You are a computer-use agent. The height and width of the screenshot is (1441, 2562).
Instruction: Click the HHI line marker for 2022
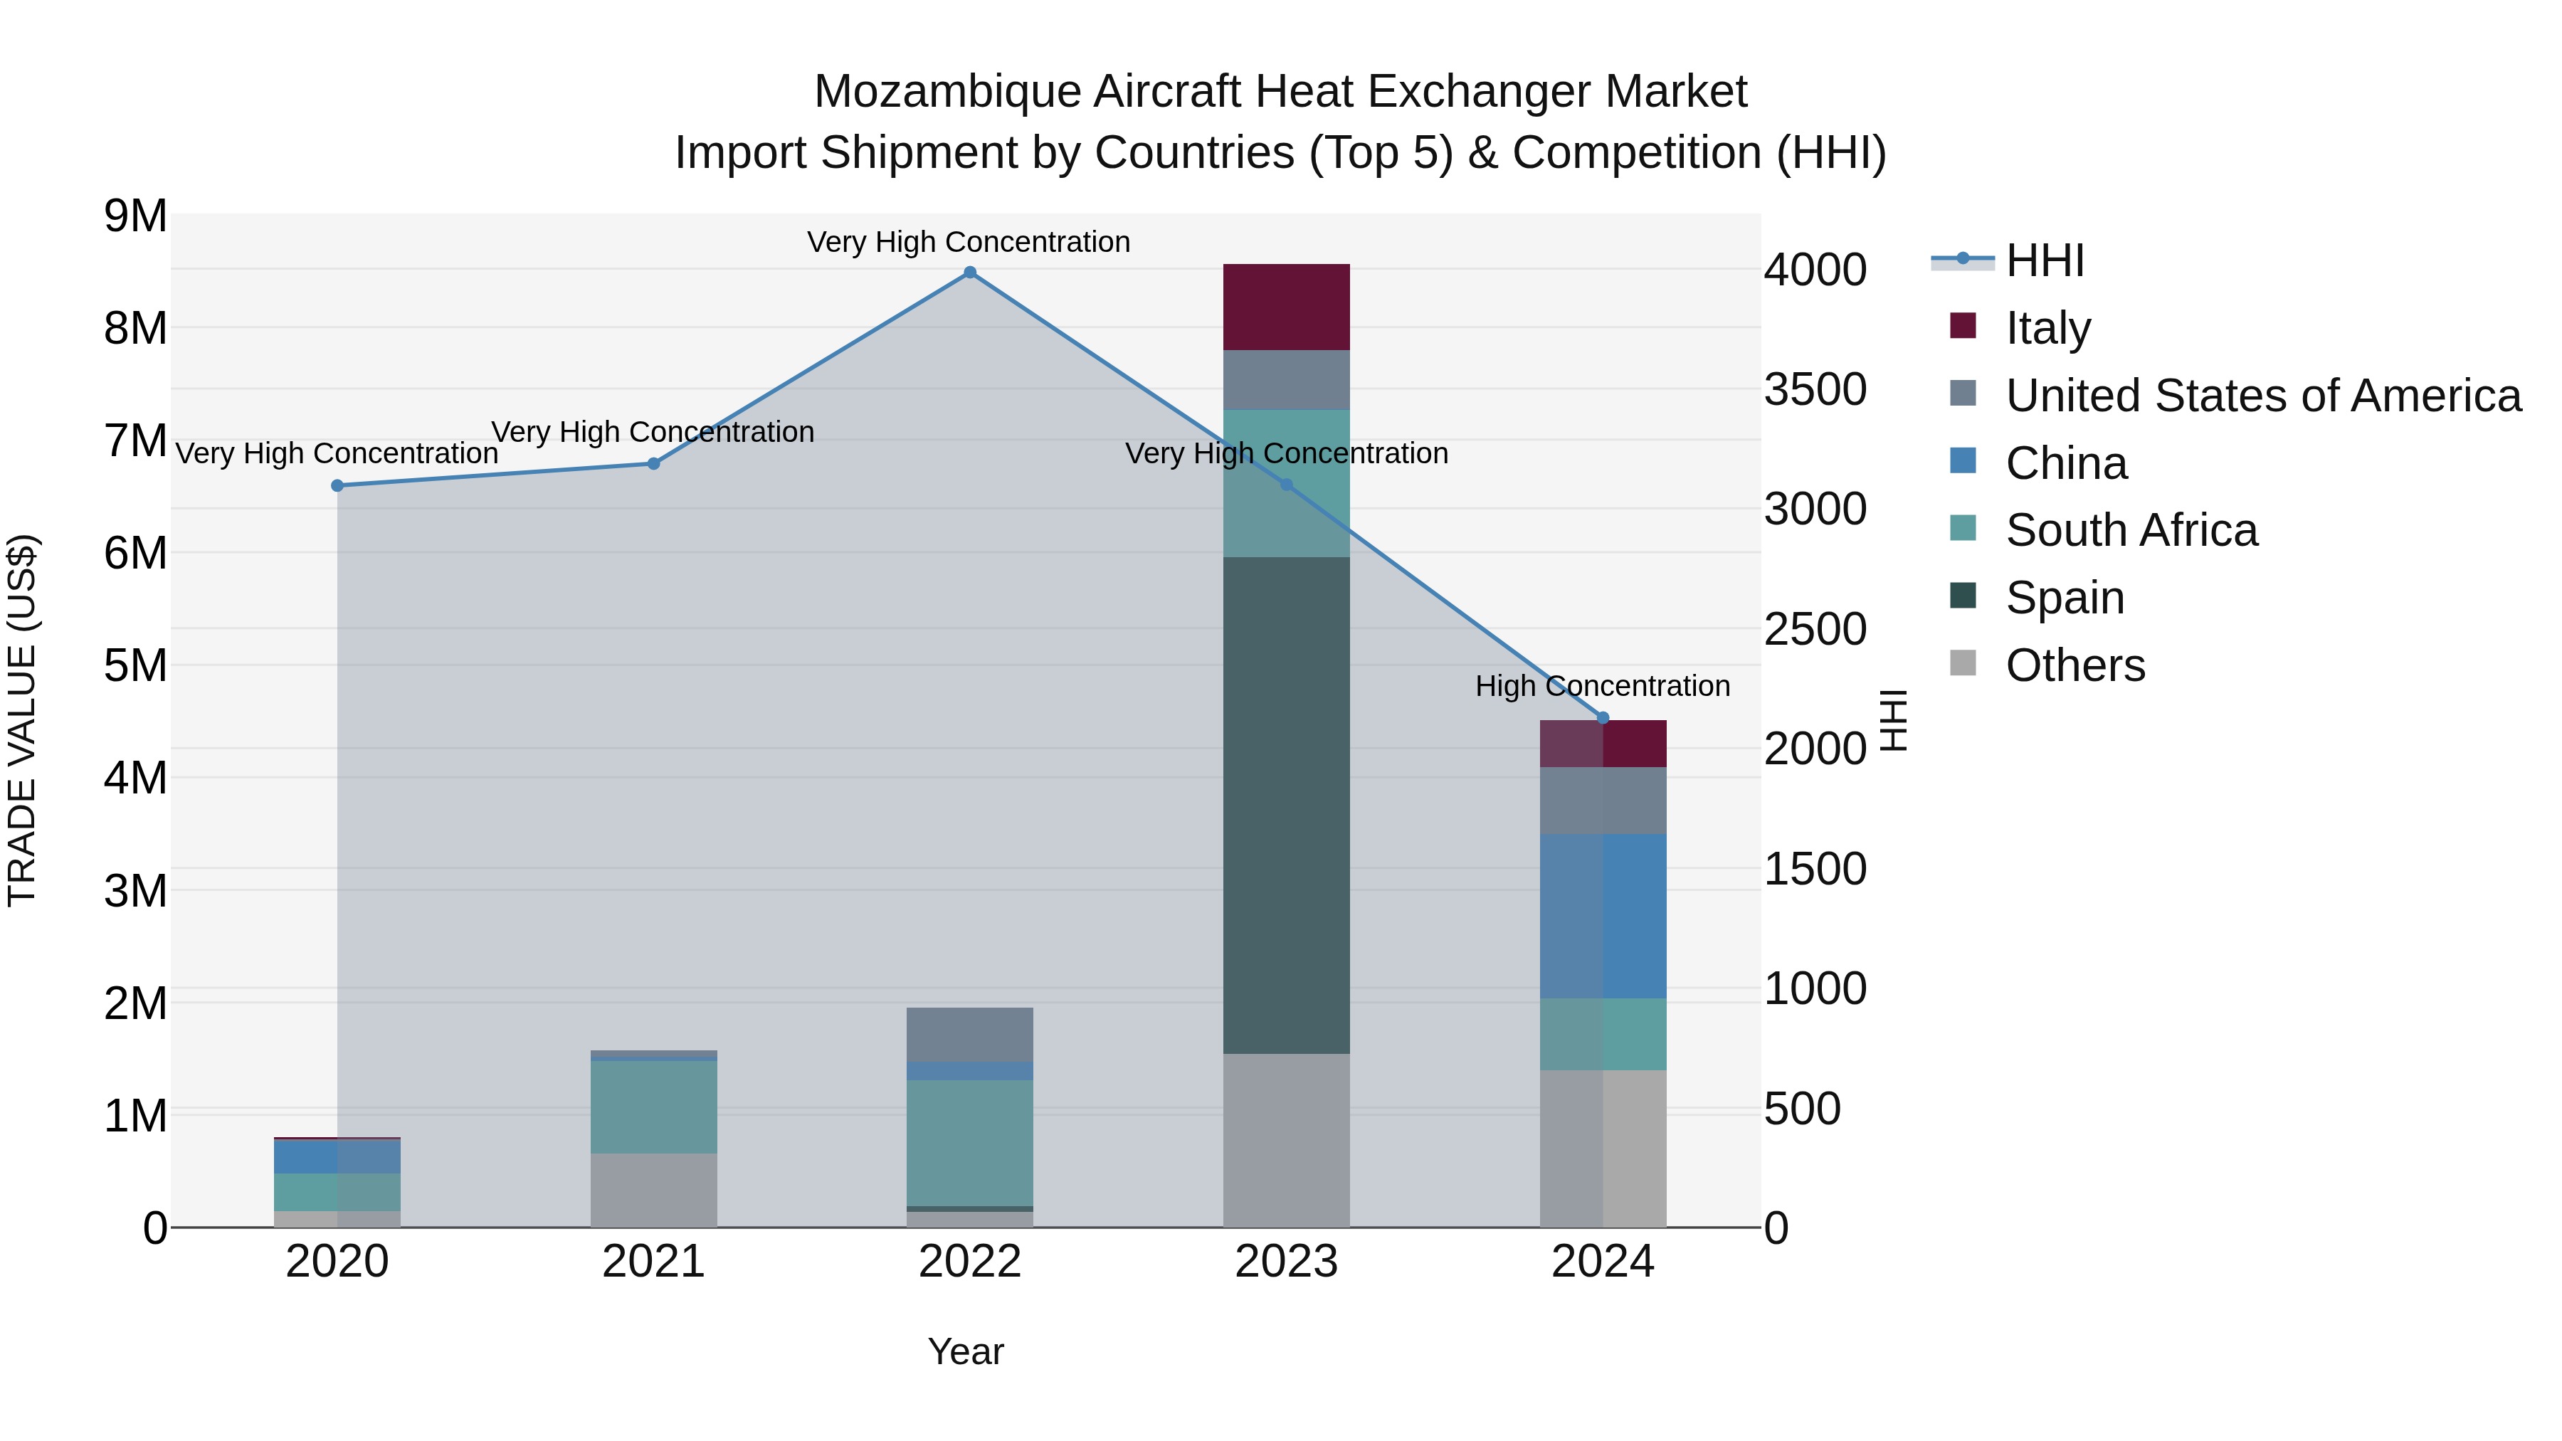click(x=970, y=273)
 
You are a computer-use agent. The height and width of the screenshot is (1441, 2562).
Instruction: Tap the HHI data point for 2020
click(x=337, y=485)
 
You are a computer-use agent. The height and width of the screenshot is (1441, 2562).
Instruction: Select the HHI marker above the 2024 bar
click(x=1602, y=718)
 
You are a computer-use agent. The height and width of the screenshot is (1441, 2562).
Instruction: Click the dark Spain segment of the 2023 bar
click(x=1286, y=806)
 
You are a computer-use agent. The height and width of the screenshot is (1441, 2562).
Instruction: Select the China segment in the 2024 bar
click(x=1602, y=916)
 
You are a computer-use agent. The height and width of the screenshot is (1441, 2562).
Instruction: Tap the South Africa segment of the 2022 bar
click(x=970, y=1143)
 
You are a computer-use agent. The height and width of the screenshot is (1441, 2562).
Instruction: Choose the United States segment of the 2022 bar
click(x=970, y=1034)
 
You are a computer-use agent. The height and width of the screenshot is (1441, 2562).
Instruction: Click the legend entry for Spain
click(x=2065, y=598)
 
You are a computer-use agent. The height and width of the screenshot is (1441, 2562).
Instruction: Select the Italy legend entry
click(x=2047, y=327)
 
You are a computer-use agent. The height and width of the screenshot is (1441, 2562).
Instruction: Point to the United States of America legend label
click(x=2262, y=395)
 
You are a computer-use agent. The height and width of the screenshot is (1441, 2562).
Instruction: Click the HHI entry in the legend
click(x=2044, y=260)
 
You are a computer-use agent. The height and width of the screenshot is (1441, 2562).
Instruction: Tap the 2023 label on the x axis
click(x=1286, y=1262)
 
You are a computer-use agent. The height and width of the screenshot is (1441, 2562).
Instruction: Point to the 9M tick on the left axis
click(x=136, y=216)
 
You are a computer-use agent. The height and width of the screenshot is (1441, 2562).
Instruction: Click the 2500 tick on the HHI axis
click(x=1815, y=630)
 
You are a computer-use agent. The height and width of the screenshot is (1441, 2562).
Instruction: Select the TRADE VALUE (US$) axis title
click(x=22, y=720)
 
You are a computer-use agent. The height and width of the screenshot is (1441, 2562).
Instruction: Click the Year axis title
click(x=965, y=1351)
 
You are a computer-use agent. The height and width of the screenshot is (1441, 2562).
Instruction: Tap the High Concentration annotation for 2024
click(x=1602, y=686)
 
